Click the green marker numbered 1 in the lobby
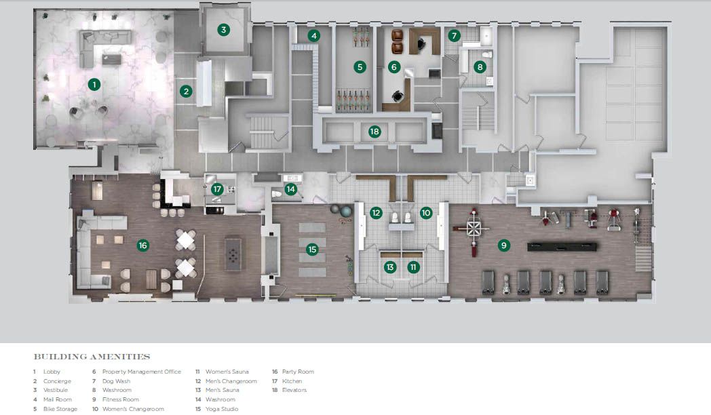click(x=94, y=84)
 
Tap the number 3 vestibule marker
click(x=223, y=30)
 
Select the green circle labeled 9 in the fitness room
click(x=503, y=245)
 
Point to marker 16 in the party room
click(x=143, y=245)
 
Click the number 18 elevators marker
click(x=374, y=132)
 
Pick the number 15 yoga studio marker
click(x=312, y=249)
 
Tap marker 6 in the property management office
click(x=393, y=67)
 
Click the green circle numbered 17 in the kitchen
click(x=217, y=189)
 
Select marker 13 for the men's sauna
click(x=390, y=267)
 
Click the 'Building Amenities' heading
click(x=92, y=357)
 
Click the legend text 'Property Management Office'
click(x=142, y=372)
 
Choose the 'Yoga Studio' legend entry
click(x=222, y=409)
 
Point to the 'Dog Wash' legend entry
click(x=116, y=381)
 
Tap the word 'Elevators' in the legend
click(x=294, y=390)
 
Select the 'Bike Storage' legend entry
click(x=60, y=409)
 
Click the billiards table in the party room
click(x=233, y=254)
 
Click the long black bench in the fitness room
click(x=562, y=247)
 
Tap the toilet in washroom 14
click(x=277, y=194)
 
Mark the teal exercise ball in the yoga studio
click(x=347, y=211)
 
